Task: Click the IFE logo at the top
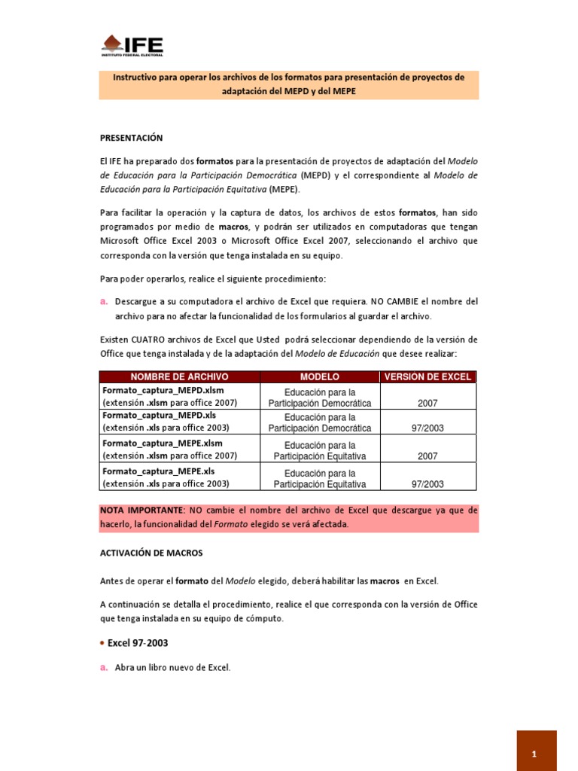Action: tap(132, 45)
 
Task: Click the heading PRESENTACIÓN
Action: tap(131, 138)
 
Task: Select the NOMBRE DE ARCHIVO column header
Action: tap(179, 376)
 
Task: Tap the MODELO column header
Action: tap(320, 376)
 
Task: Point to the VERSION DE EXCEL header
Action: tap(427, 376)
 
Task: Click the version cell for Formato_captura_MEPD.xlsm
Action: tap(427, 404)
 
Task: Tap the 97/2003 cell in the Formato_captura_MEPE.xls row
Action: tap(427, 484)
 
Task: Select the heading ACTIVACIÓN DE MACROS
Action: tap(151, 553)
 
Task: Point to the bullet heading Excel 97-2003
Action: tap(138, 643)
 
